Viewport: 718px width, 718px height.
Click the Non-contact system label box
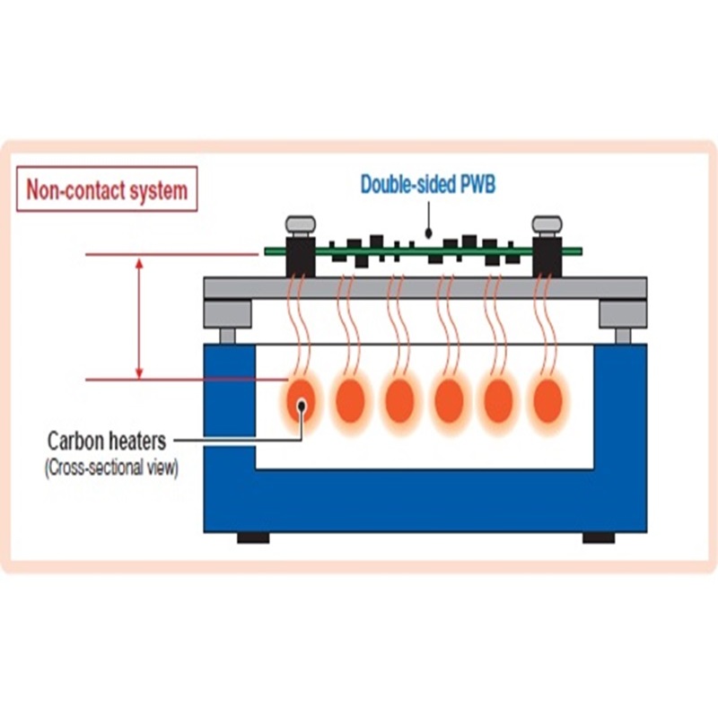pyautogui.click(x=107, y=189)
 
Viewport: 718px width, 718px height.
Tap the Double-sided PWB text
pyautogui.click(x=427, y=185)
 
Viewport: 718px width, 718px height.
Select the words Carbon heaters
pyautogui.click(x=107, y=441)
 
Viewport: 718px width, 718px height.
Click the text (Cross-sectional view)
pyautogui.click(x=111, y=468)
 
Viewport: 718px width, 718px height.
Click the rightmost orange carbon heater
pyautogui.click(x=547, y=400)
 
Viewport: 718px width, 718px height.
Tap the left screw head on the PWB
pyautogui.click(x=300, y=224)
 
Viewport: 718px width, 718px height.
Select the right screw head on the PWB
pyautogui.click(x=547, y=224)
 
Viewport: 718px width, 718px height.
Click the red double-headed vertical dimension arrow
pyautogui.click(x=139, y=317)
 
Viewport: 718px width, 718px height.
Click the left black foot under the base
pyautogui.click(x=253, y=538)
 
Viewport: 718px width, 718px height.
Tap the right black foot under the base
pyautogui.click(x=599, y=538)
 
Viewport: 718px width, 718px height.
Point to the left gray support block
pyautogui.click(x=227, y=315)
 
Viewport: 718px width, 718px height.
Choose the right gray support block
pyautogui.click(x=622, y=315)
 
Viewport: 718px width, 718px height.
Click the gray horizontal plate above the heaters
pyautogui.click(x=425, y=288)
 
